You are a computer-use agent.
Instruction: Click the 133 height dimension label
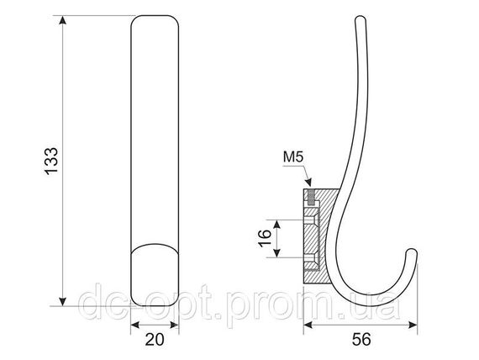51,161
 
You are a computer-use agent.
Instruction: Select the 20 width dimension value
155,340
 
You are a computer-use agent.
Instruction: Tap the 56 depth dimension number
361,340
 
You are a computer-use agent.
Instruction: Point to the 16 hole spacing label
265,238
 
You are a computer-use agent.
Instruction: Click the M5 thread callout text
293,157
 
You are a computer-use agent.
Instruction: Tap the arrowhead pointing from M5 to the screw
308,182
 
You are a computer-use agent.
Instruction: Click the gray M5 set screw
311,198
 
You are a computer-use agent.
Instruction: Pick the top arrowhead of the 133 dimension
63,20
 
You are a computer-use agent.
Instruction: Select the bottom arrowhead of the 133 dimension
63,301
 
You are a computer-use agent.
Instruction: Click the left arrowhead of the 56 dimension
308,325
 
